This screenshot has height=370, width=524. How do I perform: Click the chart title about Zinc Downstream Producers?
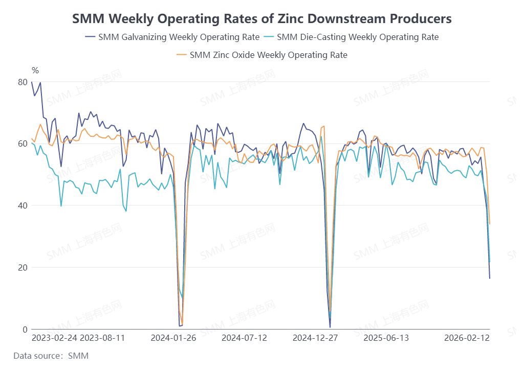click(261, 19)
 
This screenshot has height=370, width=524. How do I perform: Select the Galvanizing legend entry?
click(171, 37)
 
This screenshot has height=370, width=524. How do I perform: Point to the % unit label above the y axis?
click(35, 70)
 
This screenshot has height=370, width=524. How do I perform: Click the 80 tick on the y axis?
click(23, 82)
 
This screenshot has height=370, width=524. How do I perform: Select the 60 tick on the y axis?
click(23, 144)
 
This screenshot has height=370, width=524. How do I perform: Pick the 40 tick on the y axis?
click(23, 205)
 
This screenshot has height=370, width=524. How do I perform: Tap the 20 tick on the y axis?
click(23, 268)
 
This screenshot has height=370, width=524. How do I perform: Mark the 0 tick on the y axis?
click(25, 329)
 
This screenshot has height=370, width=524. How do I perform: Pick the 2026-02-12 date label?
click(466, 338)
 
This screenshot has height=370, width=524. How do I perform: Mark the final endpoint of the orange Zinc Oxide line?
click(490, 224)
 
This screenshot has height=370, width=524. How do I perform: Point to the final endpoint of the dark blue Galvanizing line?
click(490, 278)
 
